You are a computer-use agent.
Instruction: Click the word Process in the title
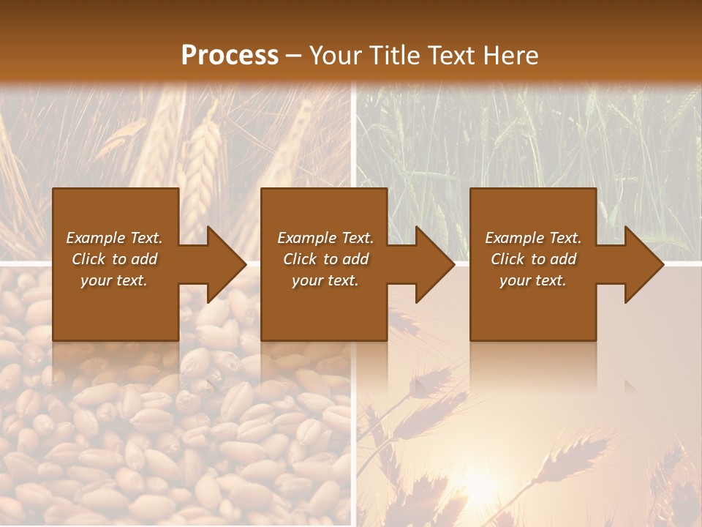[230, 56]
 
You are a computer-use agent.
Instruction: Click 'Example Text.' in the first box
[114, 238]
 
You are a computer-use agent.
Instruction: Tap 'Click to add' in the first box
[114, 259]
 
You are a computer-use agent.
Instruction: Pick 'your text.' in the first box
[114, 280]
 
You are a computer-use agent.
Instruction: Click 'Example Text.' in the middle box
[325, 238]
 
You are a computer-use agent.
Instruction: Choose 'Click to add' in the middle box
[325, 259]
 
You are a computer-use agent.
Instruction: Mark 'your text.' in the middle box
[325, 280]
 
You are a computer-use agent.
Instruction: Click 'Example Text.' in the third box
[533, 238]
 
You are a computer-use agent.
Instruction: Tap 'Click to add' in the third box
[533, 259]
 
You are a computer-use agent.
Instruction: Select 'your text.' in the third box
[533, 280]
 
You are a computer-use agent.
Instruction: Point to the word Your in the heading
[333, 56]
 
